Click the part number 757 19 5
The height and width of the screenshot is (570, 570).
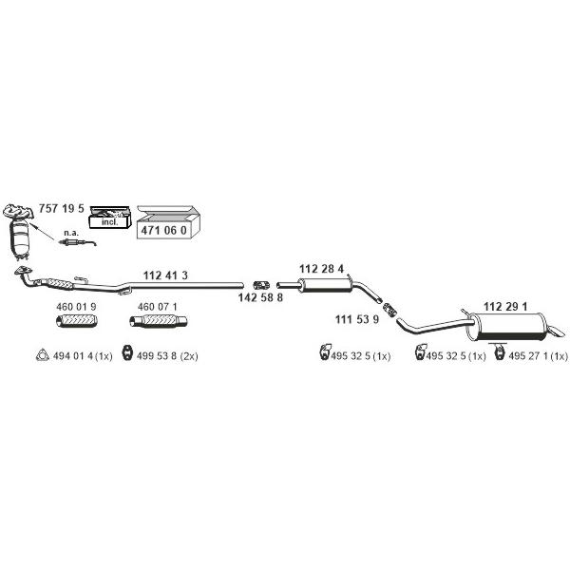click(x=61, y=209)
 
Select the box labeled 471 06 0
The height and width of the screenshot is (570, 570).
click(x=168, y=222)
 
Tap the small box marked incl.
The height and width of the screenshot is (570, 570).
click(x=109, y=218)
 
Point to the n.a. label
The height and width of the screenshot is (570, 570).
click(x=71, y=233)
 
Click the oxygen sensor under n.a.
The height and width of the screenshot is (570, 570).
click(x=78, y=242)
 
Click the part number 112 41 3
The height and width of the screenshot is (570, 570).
click(x=165, y=275)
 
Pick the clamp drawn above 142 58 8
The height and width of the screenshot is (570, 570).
click(x=261, y=285)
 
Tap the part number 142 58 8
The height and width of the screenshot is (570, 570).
click(x=260, y=297)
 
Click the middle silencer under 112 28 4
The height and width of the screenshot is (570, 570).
click(x=324, y=285)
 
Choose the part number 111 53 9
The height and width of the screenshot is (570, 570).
click(x=357, y=319)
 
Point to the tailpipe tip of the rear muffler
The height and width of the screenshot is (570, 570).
click(x=558, y=331)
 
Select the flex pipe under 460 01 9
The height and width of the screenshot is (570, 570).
click(x=77, y=321)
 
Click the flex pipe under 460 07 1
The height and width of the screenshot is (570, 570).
click(x=159, y=321)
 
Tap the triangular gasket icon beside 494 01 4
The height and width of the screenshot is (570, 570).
click(x=43, y=355)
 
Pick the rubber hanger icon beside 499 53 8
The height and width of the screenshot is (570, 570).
click(x=127, y=352)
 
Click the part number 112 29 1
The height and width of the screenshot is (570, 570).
click(x=505, y=307)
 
